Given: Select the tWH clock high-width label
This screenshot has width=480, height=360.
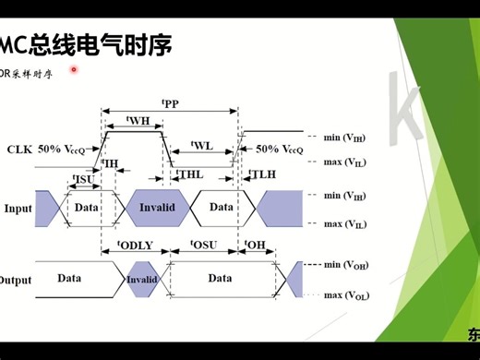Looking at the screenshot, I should [x=138, y=121].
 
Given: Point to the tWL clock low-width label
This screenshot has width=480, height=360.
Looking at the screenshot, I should [x=201, y=146].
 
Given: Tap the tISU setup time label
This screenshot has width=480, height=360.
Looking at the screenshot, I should [x=83, y=177].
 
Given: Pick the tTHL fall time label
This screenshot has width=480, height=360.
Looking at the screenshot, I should [x=189, y=174].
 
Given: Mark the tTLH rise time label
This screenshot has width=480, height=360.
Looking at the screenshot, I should [x=263, y=174].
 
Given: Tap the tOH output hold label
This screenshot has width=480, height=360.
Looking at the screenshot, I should [x=257, y=246].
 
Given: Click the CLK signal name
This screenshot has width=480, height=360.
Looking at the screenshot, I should [x=19, y=149].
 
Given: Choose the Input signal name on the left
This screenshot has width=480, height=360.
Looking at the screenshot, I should [x=18, y=208].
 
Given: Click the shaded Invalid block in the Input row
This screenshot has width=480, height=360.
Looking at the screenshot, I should [x=157, y=208].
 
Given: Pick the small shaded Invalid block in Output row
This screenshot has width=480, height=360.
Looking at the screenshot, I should [x=141, y=279].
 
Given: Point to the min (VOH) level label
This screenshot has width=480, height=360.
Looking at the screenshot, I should [x=347, y=265].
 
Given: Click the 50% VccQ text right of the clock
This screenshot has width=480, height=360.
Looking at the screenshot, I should [x=280, y=149].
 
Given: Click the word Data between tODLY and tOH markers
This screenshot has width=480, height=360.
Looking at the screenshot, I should [x=220, y=278].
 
